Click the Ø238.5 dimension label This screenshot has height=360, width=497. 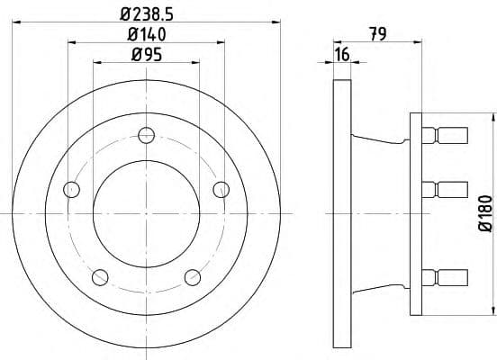point(147,14)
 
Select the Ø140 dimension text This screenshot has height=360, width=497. point(147,34)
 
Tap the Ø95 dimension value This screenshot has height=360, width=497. point(147,54)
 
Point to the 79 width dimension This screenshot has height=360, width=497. point(377,34)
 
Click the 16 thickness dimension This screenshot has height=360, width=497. point(342,54)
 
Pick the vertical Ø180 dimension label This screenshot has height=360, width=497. point(485,214)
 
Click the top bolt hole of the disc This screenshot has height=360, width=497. point(147,135)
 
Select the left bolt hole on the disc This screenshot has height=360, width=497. point(72,190)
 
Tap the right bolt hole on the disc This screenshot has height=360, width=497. point(221,190)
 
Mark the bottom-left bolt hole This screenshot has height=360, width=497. point(100,277)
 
